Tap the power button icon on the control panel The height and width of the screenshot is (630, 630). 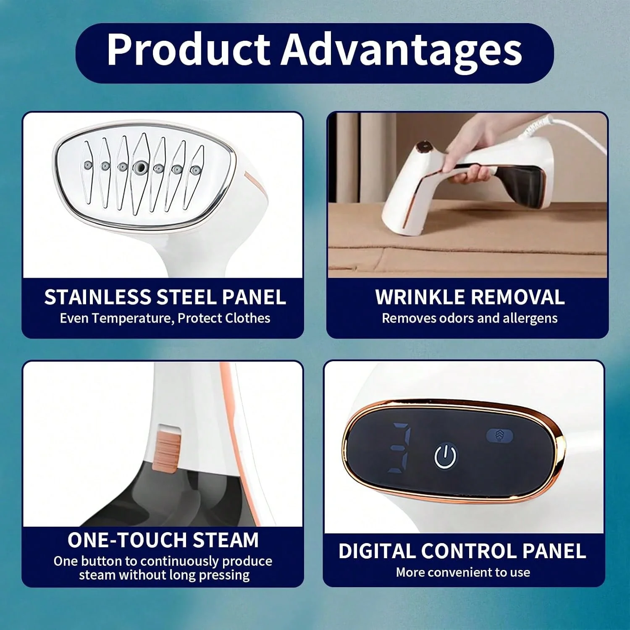[x=445, y=456]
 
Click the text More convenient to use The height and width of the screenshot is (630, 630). [x=463, y=572]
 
